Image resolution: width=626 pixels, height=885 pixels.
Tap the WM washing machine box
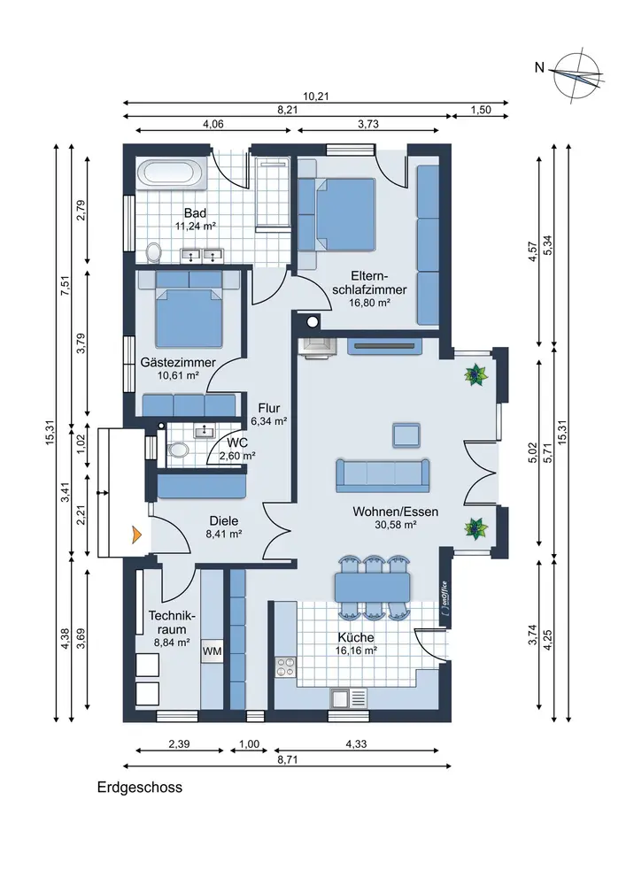pos(213,650)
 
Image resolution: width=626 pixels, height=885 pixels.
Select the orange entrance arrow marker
pos(136,534)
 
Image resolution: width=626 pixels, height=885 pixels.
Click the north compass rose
pos(577,75)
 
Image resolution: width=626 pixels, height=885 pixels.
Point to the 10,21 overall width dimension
pos(315,96)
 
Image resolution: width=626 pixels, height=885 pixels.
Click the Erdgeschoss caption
pos(139,787)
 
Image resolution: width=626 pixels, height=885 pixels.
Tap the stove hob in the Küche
pos(285,666)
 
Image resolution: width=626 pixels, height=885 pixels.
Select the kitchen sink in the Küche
pos(348,698)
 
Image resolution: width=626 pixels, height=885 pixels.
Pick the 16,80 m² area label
pos(370,303)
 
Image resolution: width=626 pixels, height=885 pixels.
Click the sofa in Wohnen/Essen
pos(383,475)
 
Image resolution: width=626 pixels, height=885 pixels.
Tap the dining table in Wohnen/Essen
pos(373,587)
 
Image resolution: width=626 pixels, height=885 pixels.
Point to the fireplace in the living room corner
pos(317,348)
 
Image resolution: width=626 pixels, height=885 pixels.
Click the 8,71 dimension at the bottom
pos(287,759)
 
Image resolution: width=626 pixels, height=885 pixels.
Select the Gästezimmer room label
pos(178,362)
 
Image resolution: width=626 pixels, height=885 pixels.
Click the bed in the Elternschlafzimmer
pos(337,214)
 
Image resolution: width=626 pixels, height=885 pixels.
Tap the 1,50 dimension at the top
pos(481,110)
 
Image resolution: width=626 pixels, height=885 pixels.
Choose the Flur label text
pos(268,408)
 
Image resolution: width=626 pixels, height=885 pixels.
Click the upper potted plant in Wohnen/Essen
pos(475,374)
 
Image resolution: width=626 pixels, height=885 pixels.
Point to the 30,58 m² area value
pos(396,524)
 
